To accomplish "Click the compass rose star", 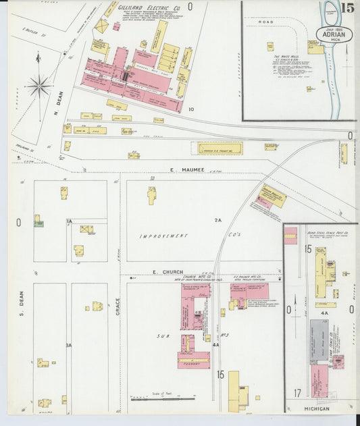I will point(39,86).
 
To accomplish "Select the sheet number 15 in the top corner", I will point(349,8).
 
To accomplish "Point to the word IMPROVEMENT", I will point(163,236).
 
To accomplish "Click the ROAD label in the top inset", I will point(265,22).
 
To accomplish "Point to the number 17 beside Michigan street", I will point(297,392).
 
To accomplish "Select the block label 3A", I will point(68,345).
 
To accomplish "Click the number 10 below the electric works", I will point(191,109).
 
